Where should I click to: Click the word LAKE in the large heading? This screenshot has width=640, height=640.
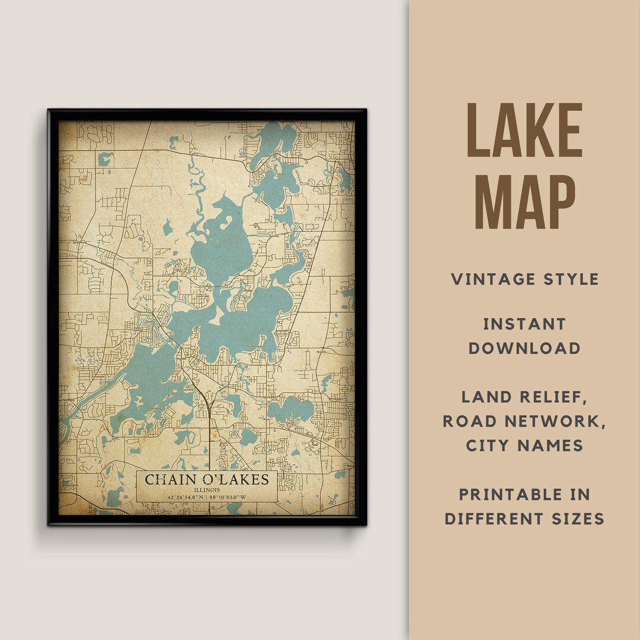pos(524,131)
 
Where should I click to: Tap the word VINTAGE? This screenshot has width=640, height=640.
pos(488,279)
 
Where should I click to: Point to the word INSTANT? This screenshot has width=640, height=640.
pos(524,324)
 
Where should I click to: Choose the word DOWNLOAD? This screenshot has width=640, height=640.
pos(524,348)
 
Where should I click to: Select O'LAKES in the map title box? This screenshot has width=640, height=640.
pos(233,479)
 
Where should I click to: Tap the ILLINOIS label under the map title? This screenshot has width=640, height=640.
pos(206,490)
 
